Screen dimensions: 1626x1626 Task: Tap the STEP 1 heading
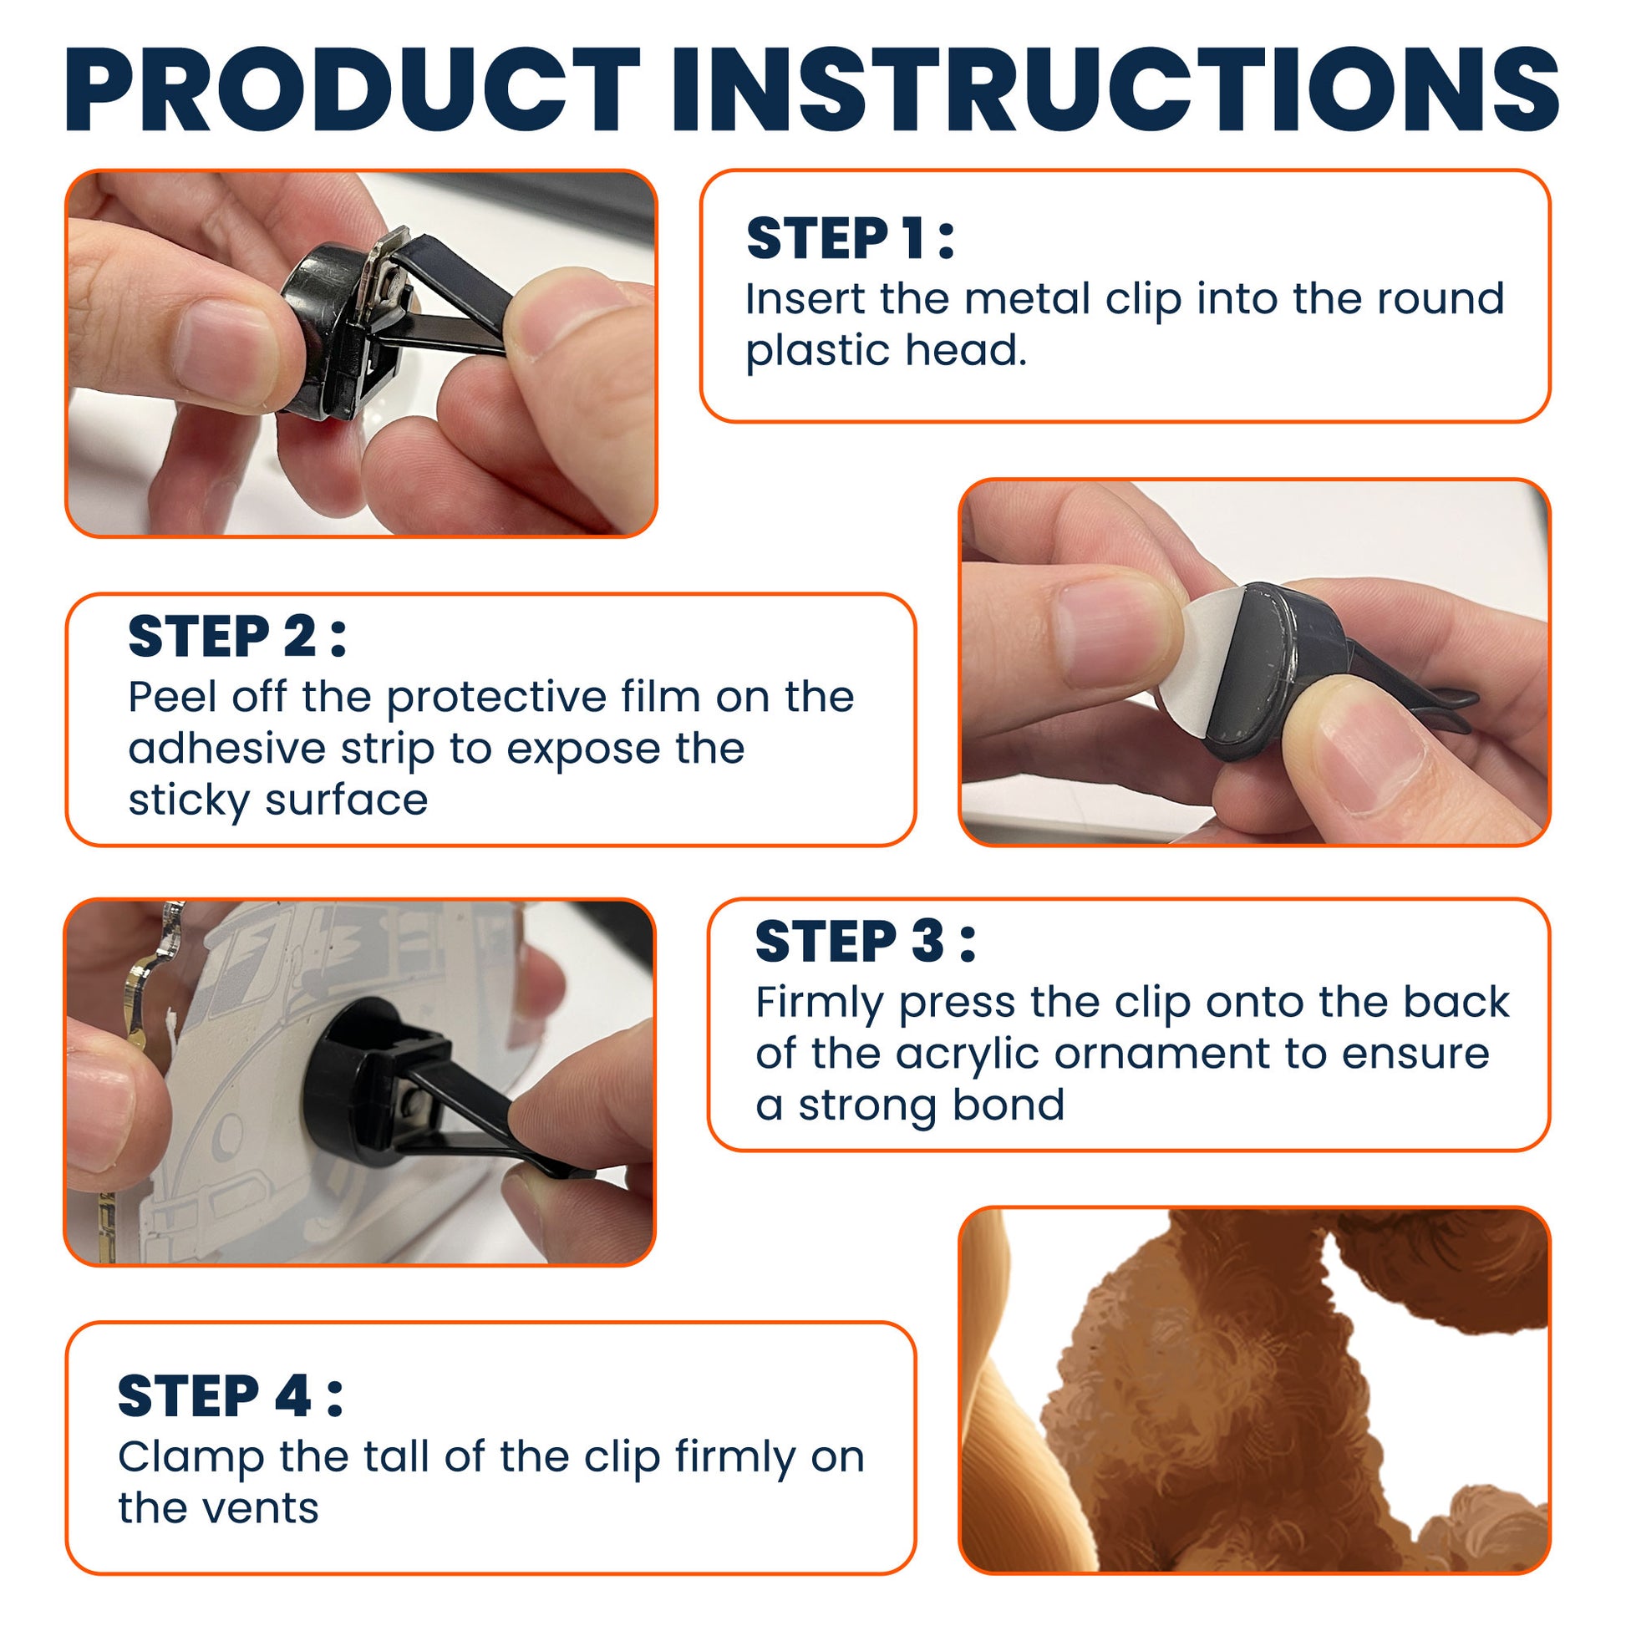[850, 238]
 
